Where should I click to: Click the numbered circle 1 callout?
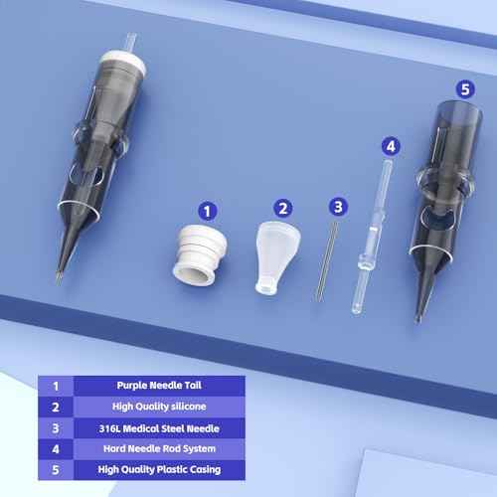tap(208, 210)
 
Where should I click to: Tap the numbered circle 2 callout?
tap(284, 208)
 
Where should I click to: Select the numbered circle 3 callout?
tap(338, 207)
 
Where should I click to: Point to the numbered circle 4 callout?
tap(392, 145)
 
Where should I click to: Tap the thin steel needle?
tap(323, 261)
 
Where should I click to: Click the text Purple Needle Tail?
tap(159, 384)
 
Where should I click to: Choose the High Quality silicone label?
tap(159, 406)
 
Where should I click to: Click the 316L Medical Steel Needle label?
tap(159, 427)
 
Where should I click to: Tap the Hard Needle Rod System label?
tap(159, 449)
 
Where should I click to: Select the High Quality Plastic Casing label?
tap(159, 471)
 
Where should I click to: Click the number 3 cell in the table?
tap(55, 427)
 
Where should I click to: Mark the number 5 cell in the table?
tap(55, 471)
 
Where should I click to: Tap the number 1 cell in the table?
tap(55, 384)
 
